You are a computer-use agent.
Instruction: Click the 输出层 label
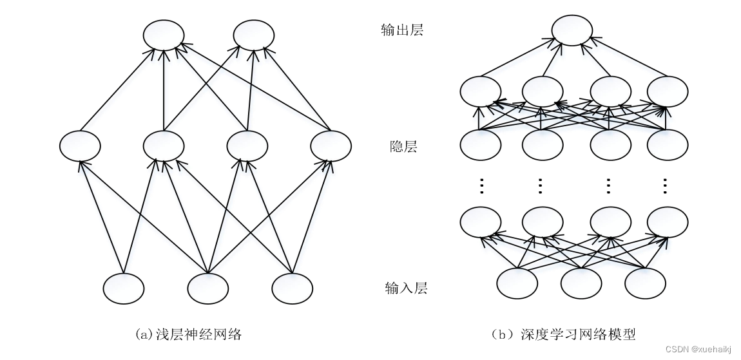pyautogui.click(x=401, y=30)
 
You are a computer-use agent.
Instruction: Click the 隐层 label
pyautogui.click(x=403, y=146)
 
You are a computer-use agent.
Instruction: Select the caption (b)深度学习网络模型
pyautogui.click(x=563, y=334)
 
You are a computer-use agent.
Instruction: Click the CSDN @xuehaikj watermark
pyautogui.click(x=699, y=348)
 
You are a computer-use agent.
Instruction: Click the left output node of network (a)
pyautogui.click(x=164, y=35)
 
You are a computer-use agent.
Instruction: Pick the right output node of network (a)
pyautogui.click(x=254, y=35)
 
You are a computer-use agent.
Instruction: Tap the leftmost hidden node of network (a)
pyautogui.click(x=80, y=146)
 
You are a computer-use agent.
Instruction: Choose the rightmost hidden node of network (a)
pyautogui.click(x=331, y=146)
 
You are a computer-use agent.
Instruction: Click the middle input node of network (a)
pyautogui.click(x=208, y=289)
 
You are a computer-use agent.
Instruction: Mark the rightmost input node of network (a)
pyautogui.click(x=292, y=289)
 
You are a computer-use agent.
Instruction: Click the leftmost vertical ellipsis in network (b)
pyautogui.click(x=481, y=185)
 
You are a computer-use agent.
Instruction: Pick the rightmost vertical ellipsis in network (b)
pyautogui.click(x=666, y=185)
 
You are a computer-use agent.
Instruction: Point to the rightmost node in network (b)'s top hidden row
pyautogui.click(x=667, y=91)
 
